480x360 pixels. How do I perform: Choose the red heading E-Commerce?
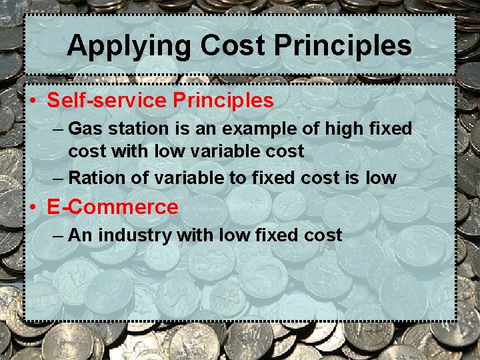(113, 207)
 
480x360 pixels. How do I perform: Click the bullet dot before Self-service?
(33, 101)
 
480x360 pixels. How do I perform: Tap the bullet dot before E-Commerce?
(33, 208)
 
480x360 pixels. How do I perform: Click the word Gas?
(83, 128)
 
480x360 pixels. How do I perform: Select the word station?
(129, 128)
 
